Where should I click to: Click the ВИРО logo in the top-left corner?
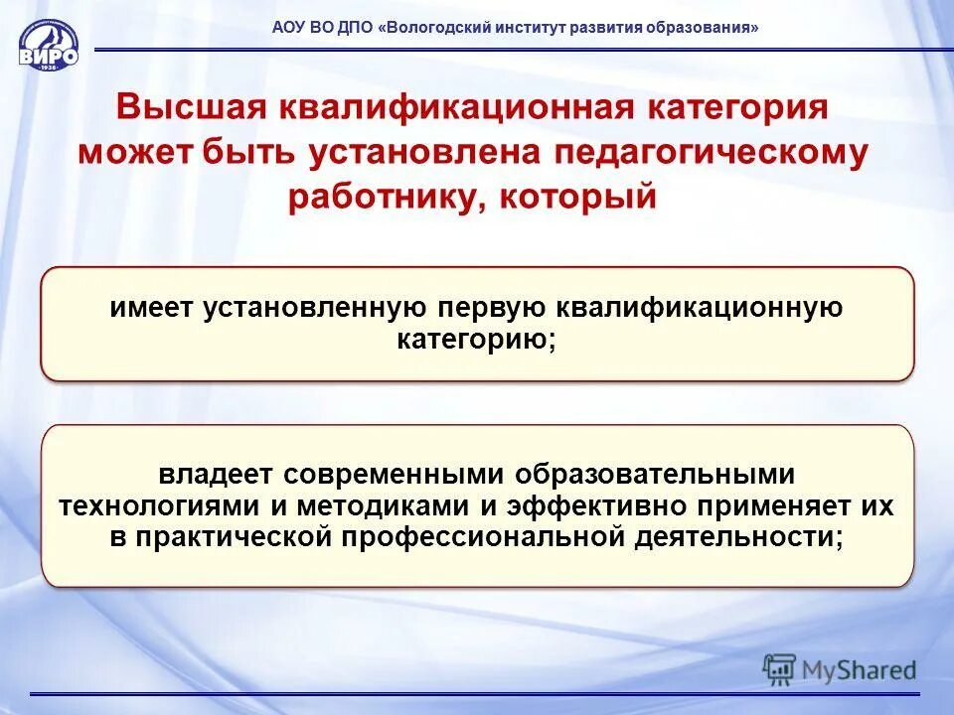[48, 45]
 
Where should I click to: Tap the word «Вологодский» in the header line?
[433, 29]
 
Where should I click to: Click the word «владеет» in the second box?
[213, 475]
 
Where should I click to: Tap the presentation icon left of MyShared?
[780, 669]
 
